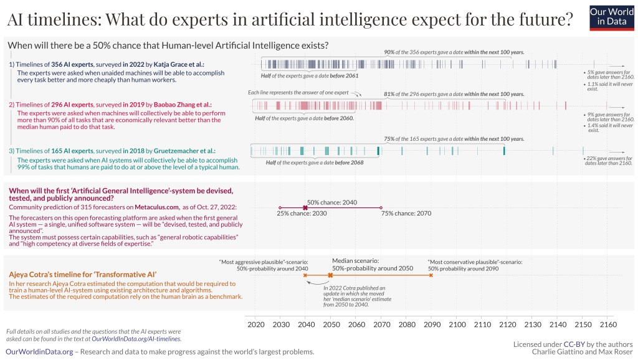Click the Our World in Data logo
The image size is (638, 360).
click(611, 16)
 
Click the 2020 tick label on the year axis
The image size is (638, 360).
click(255, 324)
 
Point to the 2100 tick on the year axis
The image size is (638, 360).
click(457, 324)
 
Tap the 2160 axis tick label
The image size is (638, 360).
click(607, 324)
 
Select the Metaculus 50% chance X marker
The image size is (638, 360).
click(305, 207)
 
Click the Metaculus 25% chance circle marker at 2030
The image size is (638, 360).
click(280, 207)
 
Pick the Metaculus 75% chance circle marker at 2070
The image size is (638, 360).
click(381, 207)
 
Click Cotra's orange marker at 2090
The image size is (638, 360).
click(431, 275)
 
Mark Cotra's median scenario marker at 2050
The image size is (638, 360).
click(330, 275)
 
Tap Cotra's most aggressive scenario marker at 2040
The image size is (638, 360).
click(305, 275)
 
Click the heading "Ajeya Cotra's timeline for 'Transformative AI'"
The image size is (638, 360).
click(82, 274)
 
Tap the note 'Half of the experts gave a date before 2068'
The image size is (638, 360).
click(305, 163)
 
